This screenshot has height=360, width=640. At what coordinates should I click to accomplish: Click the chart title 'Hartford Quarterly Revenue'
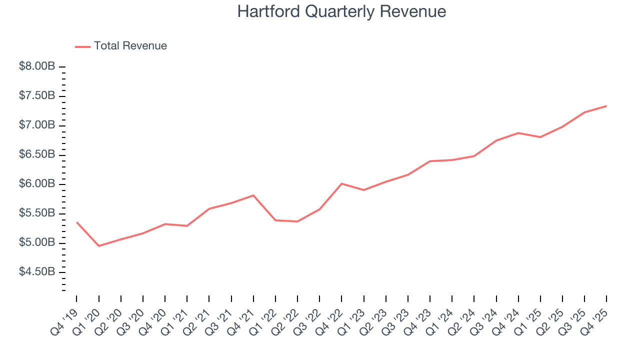point(341,11)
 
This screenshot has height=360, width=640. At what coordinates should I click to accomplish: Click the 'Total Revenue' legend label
point(130,46)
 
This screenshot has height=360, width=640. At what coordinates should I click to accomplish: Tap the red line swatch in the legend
point(82,46)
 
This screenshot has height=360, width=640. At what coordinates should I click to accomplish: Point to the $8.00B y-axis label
point(36,66)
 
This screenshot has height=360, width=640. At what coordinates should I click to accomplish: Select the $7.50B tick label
point(36,96)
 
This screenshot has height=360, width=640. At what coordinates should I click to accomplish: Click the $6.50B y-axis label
point(36,155)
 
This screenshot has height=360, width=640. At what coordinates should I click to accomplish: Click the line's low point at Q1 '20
point(99,246)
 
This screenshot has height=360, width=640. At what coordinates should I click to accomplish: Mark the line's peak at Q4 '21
point(253,195)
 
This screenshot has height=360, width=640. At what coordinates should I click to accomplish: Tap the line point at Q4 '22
point(341,183)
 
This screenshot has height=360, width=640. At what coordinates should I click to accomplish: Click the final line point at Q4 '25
point(606,106)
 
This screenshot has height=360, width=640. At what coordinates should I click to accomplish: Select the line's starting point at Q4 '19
point(77,222)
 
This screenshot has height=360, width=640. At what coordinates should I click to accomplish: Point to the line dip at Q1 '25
point(540,137)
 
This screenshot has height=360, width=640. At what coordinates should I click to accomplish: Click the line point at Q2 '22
point(297,221)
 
